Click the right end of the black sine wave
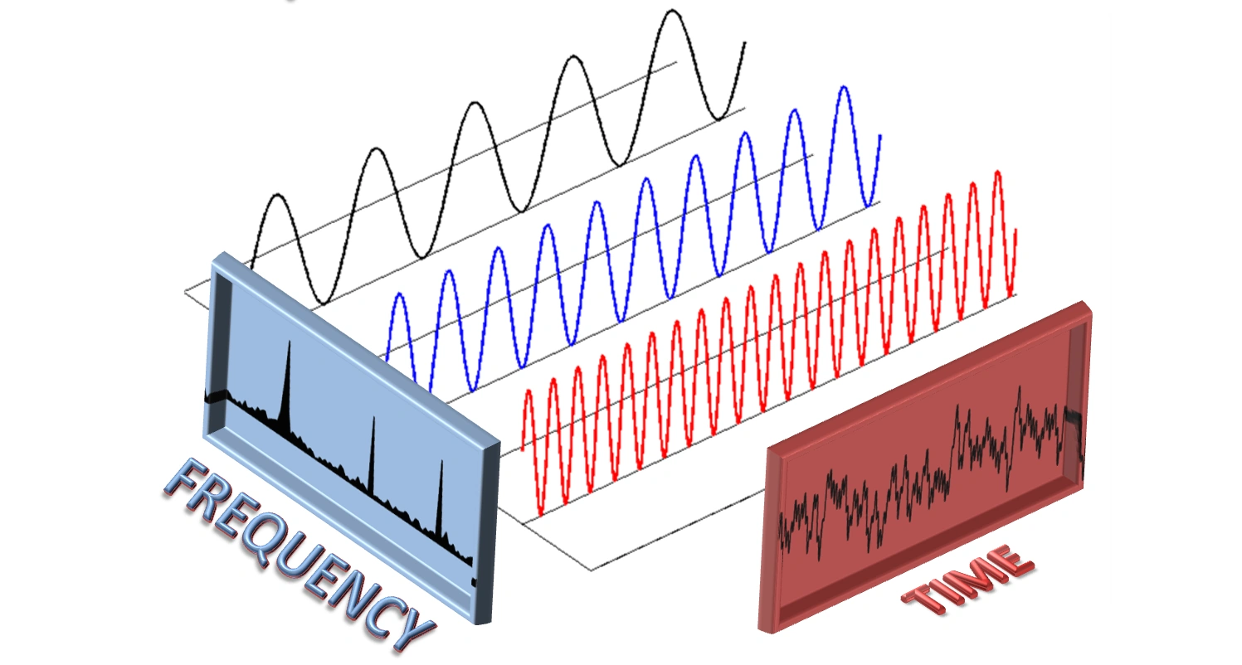[744, 42]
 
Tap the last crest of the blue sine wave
[844, 88]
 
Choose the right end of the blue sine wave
[879, 135]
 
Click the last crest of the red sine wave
[997, 172]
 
